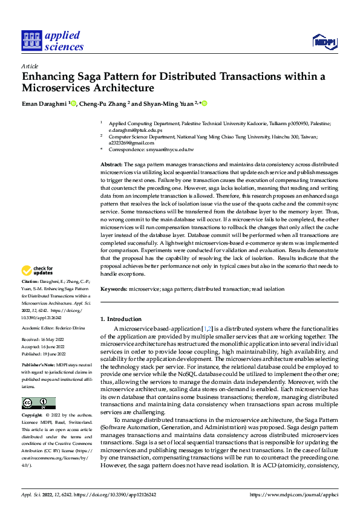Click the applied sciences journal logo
53,41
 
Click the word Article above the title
29,66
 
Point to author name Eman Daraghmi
44,103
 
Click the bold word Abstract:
111,164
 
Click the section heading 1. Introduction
121,319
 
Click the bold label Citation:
31,282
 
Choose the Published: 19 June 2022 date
45,354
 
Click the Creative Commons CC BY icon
38,403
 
